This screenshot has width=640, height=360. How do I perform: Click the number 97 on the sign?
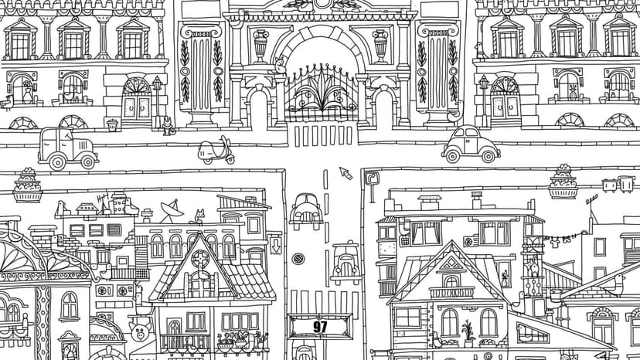click(321, 327)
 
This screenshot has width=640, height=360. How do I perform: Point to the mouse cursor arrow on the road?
click(346, 173)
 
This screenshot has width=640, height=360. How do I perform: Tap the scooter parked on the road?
click(216, 151)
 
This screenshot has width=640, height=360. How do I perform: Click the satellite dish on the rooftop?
click(172, 209)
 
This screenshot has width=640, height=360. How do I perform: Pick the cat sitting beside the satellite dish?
click(199, 217)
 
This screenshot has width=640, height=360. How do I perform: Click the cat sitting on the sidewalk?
click(168, 126)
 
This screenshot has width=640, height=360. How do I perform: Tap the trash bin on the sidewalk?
click(112, 125)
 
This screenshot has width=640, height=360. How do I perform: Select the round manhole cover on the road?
click(298, 258)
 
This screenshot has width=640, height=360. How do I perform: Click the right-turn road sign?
click(372, 178)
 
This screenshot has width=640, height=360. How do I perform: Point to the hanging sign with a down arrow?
click(276, 245)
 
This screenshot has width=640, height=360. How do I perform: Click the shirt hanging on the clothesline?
click(555, 243)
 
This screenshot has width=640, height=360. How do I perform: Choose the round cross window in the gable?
click(200, 258)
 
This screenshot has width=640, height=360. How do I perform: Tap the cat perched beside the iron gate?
click(279, 66)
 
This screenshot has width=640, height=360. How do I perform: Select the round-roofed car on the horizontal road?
click(471, 144)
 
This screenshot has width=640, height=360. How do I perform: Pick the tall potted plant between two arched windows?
click(468, 330)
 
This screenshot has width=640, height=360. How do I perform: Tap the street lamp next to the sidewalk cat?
click(157, 102)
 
